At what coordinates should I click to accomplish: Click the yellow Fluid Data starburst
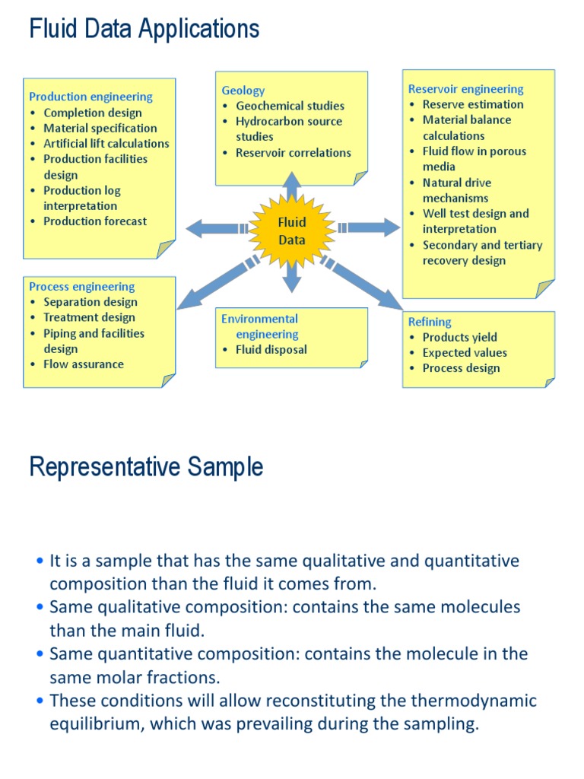[292, 231]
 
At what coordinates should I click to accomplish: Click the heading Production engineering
[90, 97]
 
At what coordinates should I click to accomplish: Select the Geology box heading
[243, 91]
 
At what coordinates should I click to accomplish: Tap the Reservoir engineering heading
[465, 89]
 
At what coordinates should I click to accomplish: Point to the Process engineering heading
[82, 287]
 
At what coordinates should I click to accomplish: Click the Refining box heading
[430, 322]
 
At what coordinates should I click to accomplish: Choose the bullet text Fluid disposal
[271, 350]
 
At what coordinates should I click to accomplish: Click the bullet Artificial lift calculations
[106, 143]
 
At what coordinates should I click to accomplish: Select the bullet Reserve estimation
[473, 104]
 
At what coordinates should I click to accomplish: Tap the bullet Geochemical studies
[290, 106]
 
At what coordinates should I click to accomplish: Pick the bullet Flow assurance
[83, 364]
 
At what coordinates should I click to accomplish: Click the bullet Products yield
[459, 337]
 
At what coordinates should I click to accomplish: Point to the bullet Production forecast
[95, 221]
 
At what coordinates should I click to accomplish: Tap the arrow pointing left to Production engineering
[213, 227]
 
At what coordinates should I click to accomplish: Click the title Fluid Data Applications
[144, 29]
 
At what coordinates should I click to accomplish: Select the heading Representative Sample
[146, 466]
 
